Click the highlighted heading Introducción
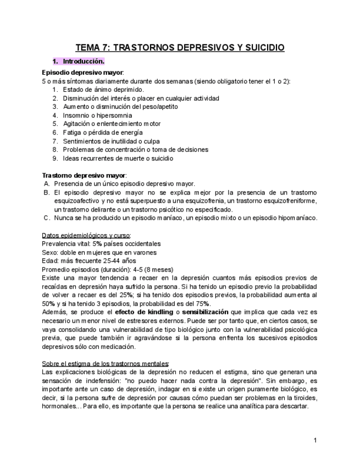tap(83, 62)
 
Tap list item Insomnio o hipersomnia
tap(97, 115)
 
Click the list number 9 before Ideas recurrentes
tap(55, 158)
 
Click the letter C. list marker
tap(47, 218)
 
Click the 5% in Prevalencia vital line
tap(98, 243)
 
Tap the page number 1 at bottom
tap(315, 440)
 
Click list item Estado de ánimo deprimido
tap(104, 90)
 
